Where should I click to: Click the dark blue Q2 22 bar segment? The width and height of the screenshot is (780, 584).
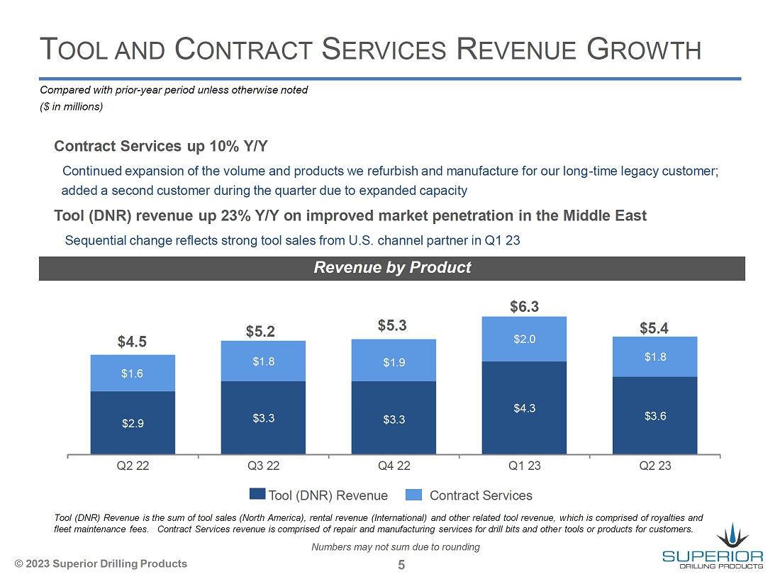coord(133,422)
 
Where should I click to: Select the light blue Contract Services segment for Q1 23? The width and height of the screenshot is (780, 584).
coord(524,339)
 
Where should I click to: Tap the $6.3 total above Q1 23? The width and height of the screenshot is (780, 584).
coord(525,306)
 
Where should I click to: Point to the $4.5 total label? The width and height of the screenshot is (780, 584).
coord(132,342)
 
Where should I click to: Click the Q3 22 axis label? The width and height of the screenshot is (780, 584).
coord(263,466)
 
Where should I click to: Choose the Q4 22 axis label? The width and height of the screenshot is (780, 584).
coord(394,466)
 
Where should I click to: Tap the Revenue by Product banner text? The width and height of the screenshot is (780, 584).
coord(392,267)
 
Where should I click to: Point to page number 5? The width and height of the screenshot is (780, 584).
coord(401,565)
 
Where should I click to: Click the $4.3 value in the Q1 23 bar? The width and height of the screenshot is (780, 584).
coord(524,408)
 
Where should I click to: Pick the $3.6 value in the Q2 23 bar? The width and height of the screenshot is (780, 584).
coord(654,415)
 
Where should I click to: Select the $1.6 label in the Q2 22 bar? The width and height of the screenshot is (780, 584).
coord(132,373)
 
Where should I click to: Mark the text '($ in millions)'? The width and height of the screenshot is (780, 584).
coord(72,106)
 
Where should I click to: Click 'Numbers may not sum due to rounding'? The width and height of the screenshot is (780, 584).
coord(396,546)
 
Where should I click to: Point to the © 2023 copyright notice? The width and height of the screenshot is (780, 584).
coord(101,563)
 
